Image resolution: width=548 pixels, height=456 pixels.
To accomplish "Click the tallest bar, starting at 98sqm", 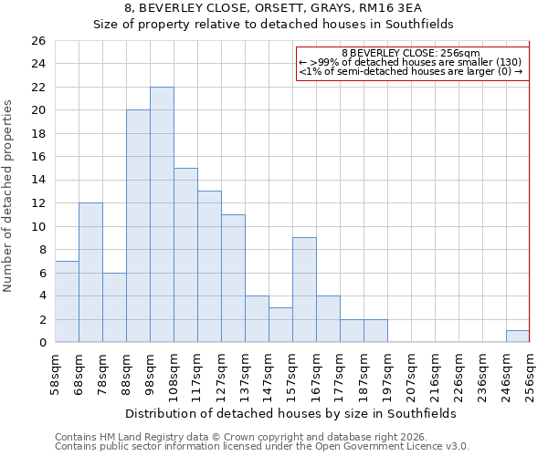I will (x=162, y=214).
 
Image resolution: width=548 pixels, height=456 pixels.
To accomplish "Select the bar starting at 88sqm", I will (x=138, y=226).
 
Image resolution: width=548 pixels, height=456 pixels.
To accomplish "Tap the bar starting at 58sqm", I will (x=67, y=301).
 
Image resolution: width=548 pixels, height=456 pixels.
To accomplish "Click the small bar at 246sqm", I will (x=518, y=337).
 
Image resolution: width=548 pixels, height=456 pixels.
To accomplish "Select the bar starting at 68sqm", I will (x=90, y=273).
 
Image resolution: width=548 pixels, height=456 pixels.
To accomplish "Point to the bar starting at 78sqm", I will (x=114, y=307).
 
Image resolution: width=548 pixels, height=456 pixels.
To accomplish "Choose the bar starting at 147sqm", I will (x=280, y=325).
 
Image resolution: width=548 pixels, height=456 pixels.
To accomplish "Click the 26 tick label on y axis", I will (x=37, y=41).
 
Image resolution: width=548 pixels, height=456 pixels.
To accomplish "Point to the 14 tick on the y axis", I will (x=37, y=181).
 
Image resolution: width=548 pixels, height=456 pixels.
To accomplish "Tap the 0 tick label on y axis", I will (x=41, y=343).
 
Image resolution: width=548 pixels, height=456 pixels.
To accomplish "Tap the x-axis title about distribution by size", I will (x=292, y=413).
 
